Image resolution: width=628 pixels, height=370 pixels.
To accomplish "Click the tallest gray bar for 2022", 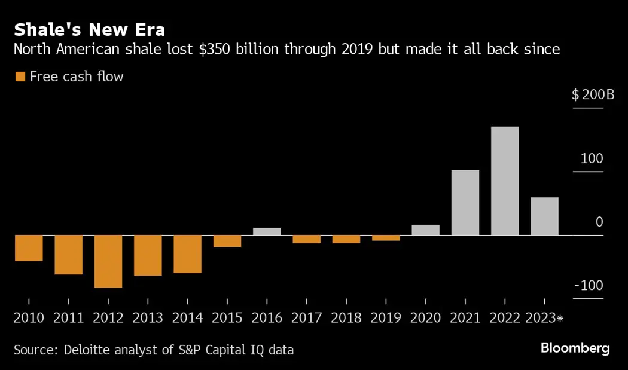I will pyautogui.click(x=505, y=181).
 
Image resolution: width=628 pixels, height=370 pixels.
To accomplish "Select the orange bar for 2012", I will pyautogui.click(x=108, y=261).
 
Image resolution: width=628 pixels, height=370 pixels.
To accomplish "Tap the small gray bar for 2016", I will pyautogui.click(x=267, y=231).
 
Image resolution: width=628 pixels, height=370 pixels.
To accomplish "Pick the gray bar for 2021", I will pyautogui.click(x=465, y=203).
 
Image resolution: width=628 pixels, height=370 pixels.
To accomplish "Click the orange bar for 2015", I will pyautogui.click(x=227, y=241).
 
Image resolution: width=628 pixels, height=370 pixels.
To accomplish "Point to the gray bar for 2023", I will pyautogui.click(x=544, y=216).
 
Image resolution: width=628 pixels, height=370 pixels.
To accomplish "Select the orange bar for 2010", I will pyautogui.click(x=29, y=248).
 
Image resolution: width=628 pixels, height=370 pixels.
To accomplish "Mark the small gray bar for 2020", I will pyautogui.click(x=426, y=230).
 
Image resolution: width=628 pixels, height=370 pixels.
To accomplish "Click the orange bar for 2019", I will pyautogui.click(x=386, y=238).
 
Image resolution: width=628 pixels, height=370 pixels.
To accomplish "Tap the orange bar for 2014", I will pyautogui.click(x=188, y=254).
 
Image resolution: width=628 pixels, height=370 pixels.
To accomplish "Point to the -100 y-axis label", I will pyautogui.click(x=589, y=285).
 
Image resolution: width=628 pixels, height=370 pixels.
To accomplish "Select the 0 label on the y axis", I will pyautogui.click(x=599, y=222).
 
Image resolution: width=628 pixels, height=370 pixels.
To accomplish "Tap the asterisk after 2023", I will pyautogui.click(x=560, y=318).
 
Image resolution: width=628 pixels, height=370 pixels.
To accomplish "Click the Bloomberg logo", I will pyautogui.click(x=575, y=348).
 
